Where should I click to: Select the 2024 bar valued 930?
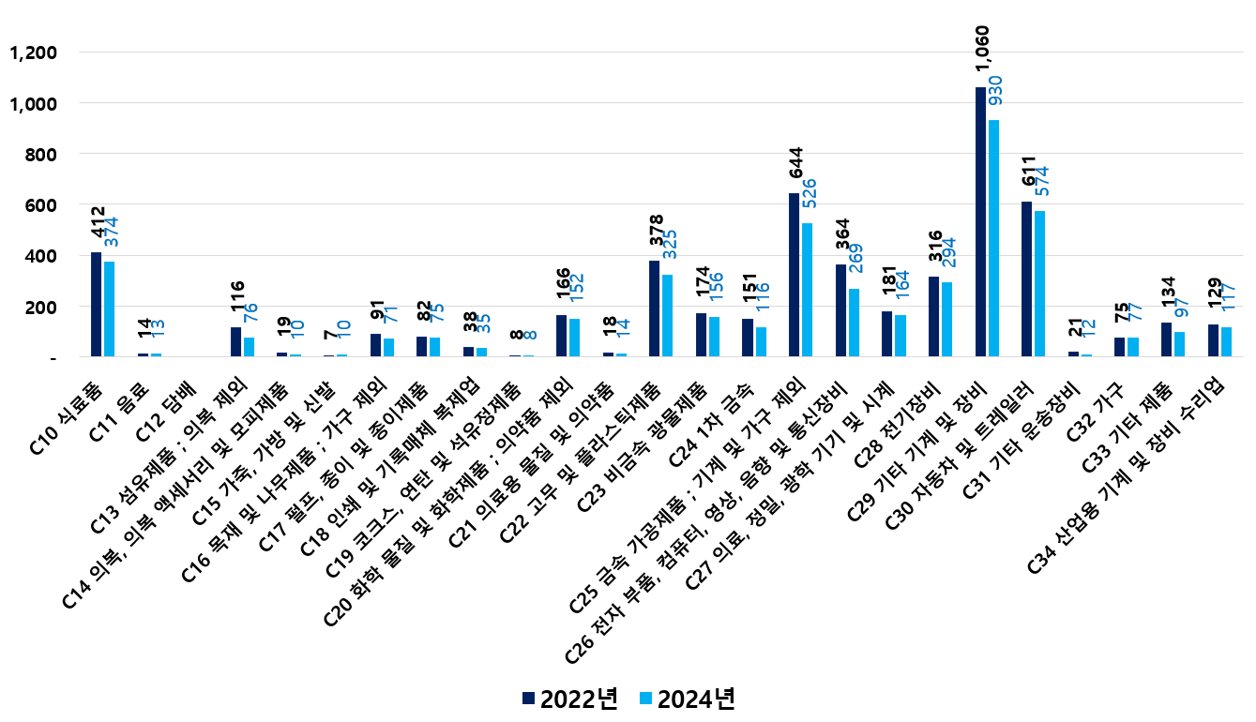tap(993, 238)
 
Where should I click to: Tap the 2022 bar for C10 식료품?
tap(96, 305)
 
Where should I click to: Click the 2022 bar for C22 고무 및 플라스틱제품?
tap(654, 308)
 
